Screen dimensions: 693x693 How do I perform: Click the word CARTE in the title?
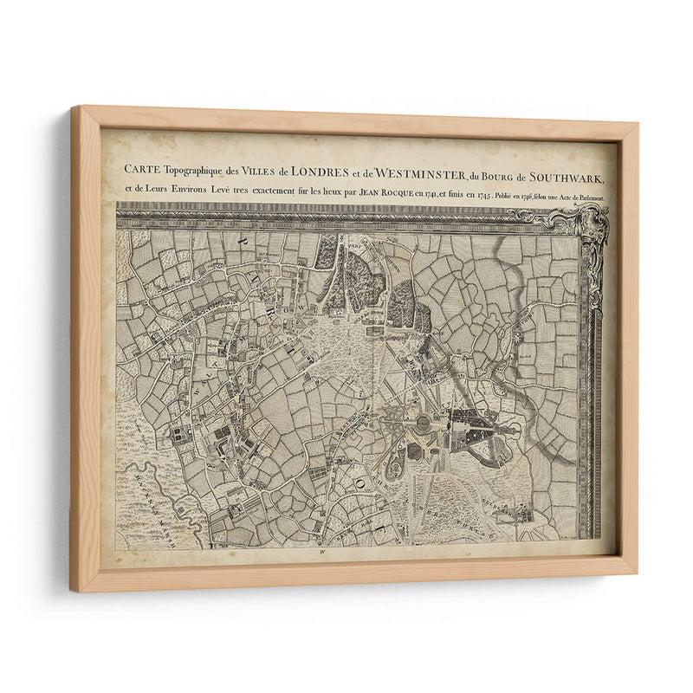[x=140, y=168]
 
